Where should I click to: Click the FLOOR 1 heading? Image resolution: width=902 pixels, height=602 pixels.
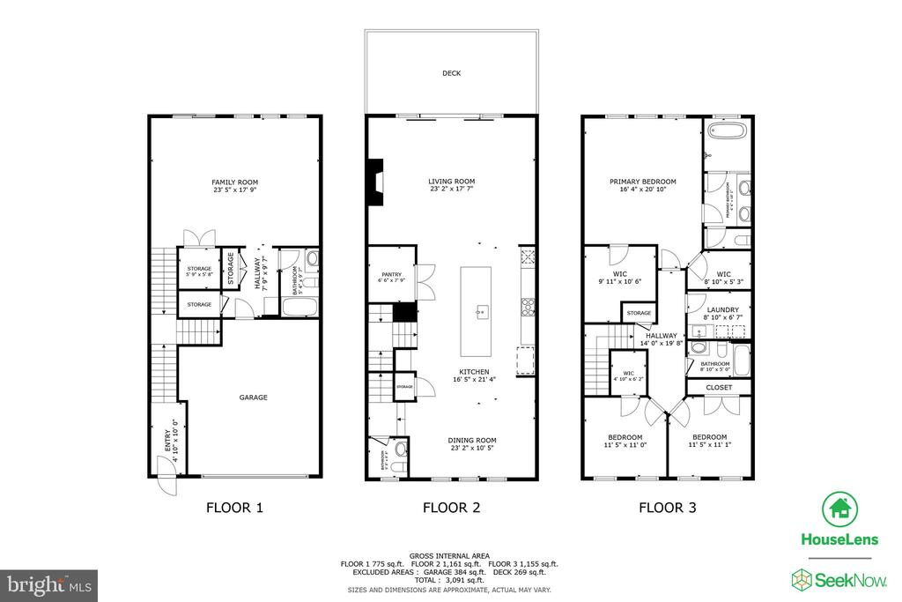[234, 508]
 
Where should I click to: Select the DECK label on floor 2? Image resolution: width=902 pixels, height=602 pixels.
[451, 73]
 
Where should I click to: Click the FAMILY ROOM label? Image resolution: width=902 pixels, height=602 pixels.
[234, 182]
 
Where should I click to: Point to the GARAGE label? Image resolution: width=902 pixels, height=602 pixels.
[253, 398]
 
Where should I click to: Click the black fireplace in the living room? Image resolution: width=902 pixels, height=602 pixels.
[377, 182]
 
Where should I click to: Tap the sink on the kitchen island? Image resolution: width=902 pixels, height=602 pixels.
[481, 311]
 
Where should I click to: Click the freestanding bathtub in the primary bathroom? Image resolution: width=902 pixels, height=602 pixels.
[728, 132]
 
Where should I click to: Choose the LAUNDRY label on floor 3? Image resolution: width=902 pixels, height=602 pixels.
[723, 309]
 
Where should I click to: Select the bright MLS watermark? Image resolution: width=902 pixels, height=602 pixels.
[48, 584]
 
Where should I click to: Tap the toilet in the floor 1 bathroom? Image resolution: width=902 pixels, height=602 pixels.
[312, 261]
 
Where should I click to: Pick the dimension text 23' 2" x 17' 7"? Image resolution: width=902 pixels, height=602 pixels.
[451, 190]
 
